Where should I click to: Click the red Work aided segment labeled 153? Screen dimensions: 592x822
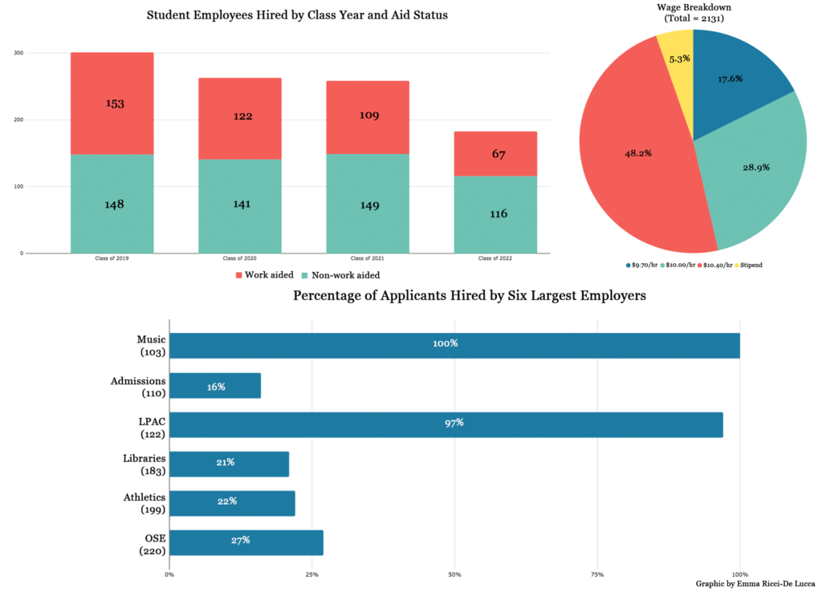point(112,103)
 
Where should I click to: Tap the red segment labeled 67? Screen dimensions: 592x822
point(495,153)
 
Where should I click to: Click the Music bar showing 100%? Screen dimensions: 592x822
point(454,343)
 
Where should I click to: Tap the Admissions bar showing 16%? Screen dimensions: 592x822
point(215,386)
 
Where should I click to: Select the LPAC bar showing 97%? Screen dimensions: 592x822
point(446,424)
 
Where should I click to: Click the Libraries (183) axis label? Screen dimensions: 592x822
point(144,464)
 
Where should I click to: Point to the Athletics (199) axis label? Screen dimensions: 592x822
point(144,503)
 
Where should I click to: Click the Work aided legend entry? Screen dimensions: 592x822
point(264,275)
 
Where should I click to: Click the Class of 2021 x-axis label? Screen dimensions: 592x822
point(367,259)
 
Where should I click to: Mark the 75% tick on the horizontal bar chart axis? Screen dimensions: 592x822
point(596,574)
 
